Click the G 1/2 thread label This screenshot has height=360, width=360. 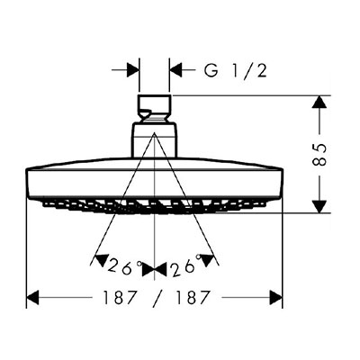click(x=235, y=71)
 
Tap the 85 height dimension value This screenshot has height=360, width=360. click(x=319, y=155)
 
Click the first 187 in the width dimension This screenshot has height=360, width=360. click(x=120, y=298)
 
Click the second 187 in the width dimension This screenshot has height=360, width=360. click(x=191, y=298)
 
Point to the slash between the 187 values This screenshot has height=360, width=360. click(x=157, y=299)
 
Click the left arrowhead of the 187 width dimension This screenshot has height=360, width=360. click(x=33, y=298)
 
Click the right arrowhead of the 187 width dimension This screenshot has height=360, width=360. click(x=276, y=298)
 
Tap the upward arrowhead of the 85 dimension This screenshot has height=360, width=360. click(x=319, y=102)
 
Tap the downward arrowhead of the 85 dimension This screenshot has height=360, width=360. click(x=319, y=206)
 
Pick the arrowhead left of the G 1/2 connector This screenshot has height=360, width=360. click(x=133, y=70)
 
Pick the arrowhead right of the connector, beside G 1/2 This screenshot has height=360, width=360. click(x=176, y=70)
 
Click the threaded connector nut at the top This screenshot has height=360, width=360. click(x=155, y=108)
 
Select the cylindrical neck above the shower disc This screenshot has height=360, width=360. click(x=154, y=139)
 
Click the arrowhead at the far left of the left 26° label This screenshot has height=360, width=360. click(x=102, y=260)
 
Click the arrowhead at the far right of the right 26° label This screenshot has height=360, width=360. click(x=208, y=260)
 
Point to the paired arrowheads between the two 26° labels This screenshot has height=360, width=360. click(x=154, y=268)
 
